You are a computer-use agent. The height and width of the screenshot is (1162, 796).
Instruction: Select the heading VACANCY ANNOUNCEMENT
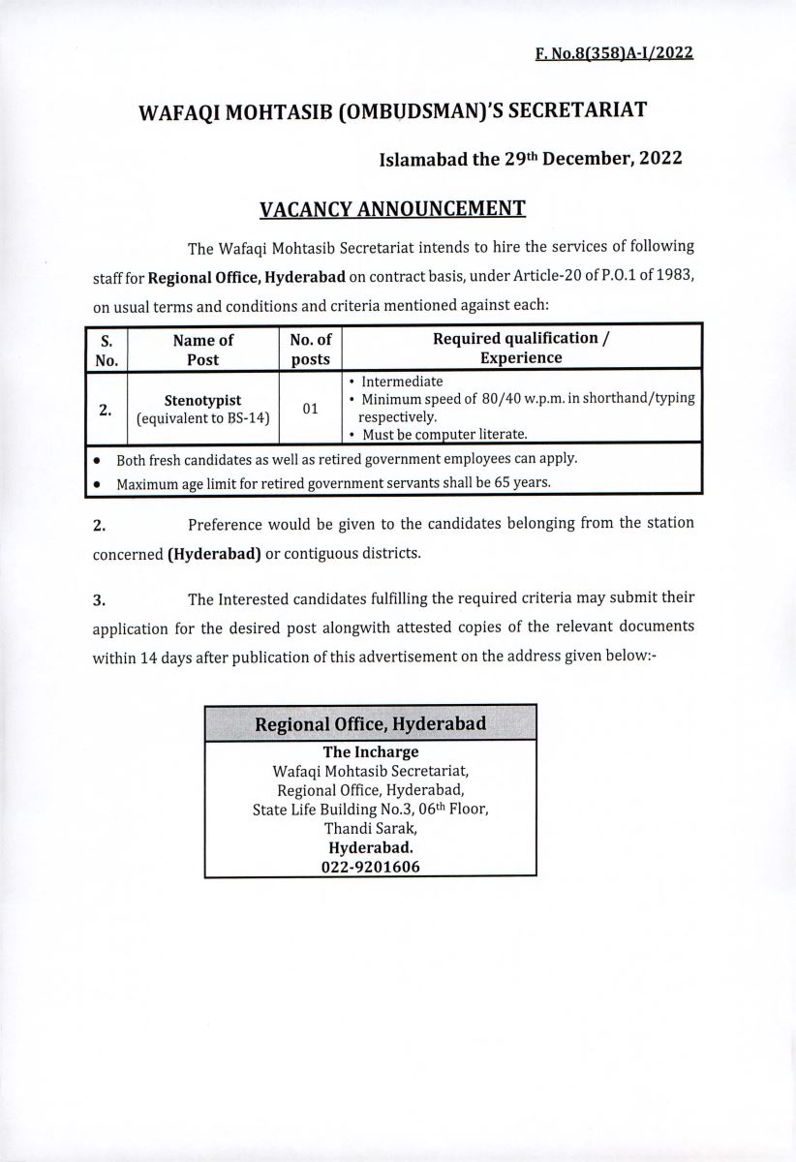392,208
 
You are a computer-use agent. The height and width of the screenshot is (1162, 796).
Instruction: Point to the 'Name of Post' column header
202,349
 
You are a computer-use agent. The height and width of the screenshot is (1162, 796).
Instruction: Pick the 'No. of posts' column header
310,349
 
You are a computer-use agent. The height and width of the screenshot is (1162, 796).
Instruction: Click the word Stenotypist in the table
202,399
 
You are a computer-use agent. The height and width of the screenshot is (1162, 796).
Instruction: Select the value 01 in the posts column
310,409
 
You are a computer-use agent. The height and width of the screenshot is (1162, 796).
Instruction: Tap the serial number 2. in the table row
105,409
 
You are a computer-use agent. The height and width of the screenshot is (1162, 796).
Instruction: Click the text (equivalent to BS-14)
202,418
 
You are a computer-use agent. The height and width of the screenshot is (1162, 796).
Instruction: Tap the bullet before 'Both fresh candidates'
98,459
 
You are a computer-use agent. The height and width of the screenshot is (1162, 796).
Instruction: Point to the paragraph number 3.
98,599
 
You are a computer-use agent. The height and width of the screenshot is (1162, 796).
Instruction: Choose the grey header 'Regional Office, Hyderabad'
370,723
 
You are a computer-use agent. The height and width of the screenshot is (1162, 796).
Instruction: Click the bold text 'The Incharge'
370,752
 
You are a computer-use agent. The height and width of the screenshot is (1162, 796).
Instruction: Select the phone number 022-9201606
370,869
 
